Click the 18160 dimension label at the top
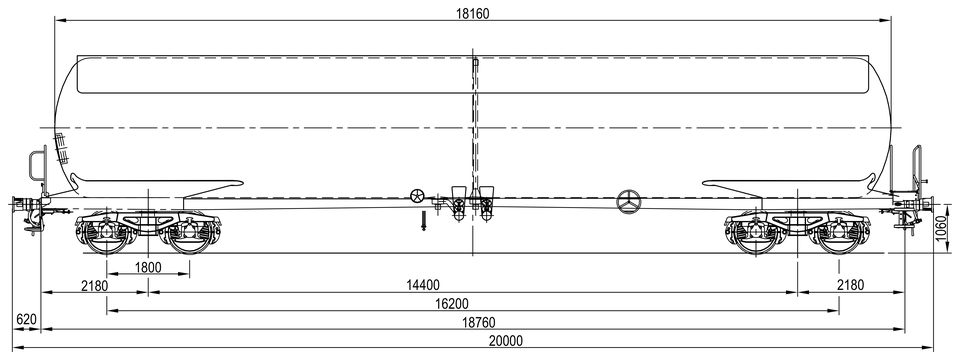(x=473, y=13)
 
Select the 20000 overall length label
(x=506, y=342)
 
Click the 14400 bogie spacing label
(x=423, y=285)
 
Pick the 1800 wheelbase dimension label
(x=148, y=267)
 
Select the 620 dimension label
(x=26, y=320)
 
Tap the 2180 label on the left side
(x=94, y=285)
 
